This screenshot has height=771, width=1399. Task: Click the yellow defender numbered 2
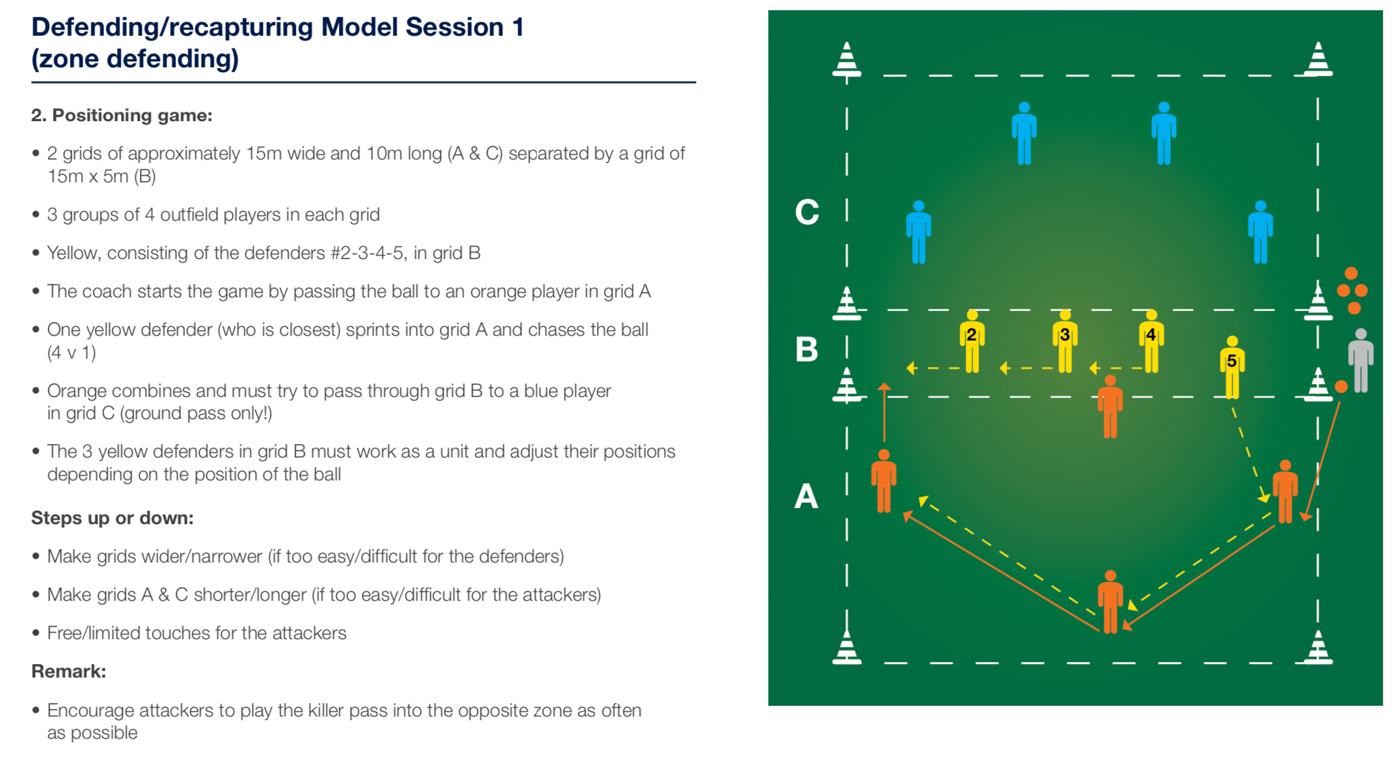972,341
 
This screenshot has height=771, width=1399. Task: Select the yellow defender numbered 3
1065,341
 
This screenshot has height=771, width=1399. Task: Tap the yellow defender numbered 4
1151,341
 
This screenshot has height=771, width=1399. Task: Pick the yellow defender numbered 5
1232,367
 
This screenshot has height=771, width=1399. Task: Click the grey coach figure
1361,361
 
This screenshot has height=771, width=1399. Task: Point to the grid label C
807,212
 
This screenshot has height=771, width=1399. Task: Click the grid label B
806,349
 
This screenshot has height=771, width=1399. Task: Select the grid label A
806,497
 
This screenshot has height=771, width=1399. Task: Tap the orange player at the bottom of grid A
1110,602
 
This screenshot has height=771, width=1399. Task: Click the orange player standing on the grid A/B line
1110,407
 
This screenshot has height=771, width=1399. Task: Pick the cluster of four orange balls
1352,291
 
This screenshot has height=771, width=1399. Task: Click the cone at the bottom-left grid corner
847,647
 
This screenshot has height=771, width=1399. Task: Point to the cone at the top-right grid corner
1318,59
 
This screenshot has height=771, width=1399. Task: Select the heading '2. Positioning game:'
122,116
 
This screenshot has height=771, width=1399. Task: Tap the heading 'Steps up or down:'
112,518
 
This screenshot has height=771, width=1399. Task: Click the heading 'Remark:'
69,671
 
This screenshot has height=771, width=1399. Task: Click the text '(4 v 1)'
71,353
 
